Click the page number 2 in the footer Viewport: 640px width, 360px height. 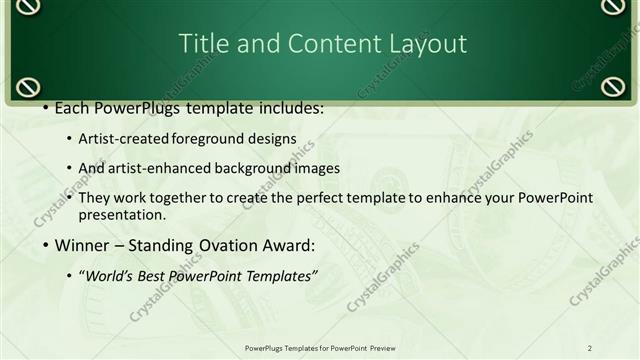pyautogui.click(x=590, y=347)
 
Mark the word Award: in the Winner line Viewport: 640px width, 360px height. pyautogui.click(x=288, y=244)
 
